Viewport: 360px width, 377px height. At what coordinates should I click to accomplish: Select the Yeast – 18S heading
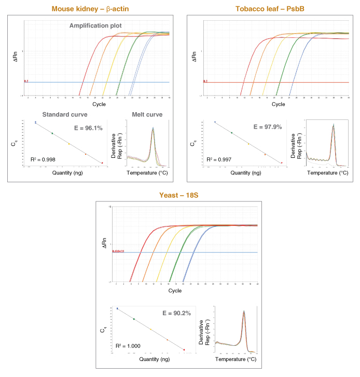(x=179, y=196)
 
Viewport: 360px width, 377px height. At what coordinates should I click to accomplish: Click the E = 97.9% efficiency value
(x=267, y=127)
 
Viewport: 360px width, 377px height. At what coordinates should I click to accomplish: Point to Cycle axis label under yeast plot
(x=175, y=291)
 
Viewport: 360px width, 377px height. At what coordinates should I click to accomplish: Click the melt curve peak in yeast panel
(x=244, y=313)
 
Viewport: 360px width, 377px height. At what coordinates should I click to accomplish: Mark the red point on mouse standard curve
(x=102, y=163)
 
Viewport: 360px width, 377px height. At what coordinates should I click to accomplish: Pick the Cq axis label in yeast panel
(x=104, y=329)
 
